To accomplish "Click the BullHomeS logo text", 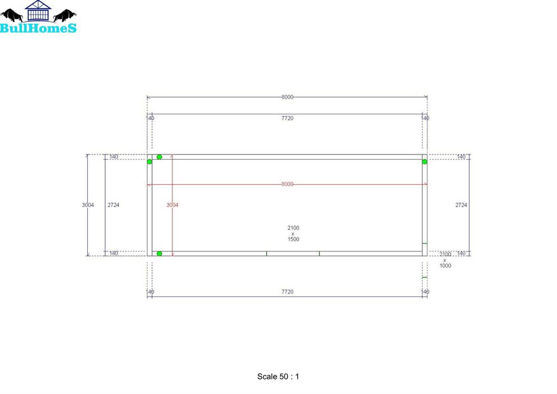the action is click(38, 28).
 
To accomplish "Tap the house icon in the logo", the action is click(38, 11).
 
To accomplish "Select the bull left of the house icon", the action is click(12, 15).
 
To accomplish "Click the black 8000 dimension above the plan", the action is click(287, 97).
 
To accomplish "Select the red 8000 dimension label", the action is click(287, 184).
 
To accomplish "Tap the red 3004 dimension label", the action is click(172, 205).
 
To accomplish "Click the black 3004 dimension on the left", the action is click(88, 205).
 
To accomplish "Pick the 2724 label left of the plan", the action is click(113, 205).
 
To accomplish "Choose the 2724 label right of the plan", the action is click(461, 205).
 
